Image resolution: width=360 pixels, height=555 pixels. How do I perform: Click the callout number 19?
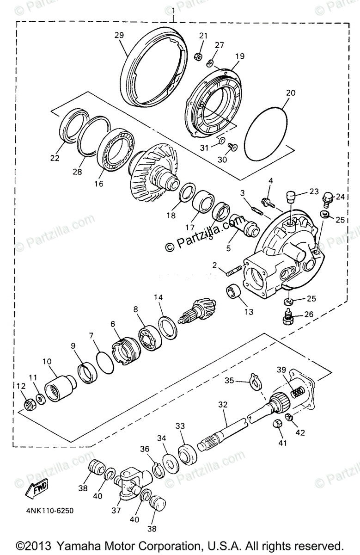(239, 56)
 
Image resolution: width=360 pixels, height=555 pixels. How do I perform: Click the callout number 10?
(48, 362)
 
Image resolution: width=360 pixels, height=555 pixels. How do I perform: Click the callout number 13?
(249, 312)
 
